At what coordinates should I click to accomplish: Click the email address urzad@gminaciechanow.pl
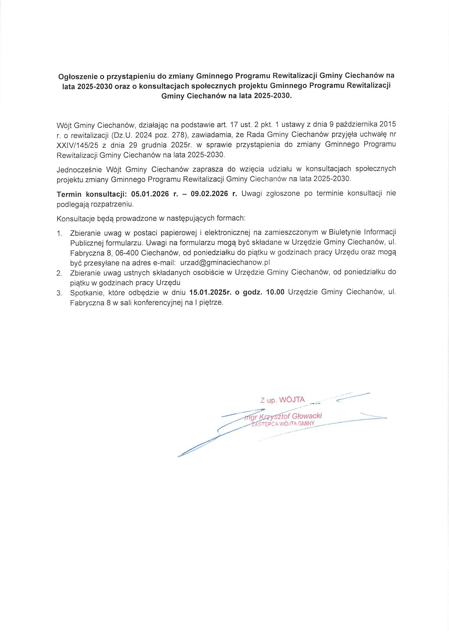coord(225,263)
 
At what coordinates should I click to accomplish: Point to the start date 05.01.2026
coord(150,194)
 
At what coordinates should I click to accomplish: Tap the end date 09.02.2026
coord(209,194)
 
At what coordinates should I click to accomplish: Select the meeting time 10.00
coord(275,292)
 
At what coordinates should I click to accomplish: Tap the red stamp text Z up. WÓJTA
coord(282,400)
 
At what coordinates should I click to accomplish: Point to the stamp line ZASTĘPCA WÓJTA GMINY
coord(283,424)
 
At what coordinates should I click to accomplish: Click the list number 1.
coord(59,233)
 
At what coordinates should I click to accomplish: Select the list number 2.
coord(59,273)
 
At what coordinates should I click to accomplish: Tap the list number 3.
coord(59,293)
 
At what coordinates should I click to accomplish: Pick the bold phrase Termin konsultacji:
coord(92,194)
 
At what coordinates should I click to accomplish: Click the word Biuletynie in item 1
coord(345,232)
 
